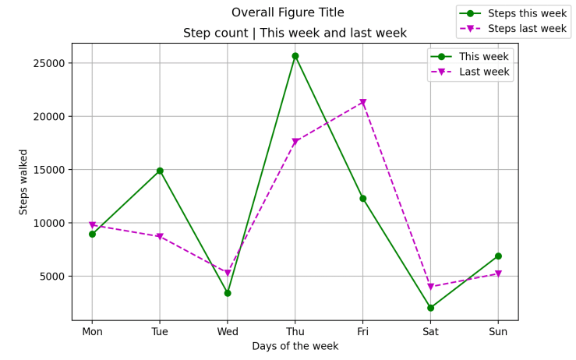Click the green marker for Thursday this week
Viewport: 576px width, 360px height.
pos(295,56)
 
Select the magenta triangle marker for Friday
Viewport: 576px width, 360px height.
pos(363,103)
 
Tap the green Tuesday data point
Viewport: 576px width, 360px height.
pos(160,171)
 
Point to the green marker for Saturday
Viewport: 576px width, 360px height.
pos(430,308)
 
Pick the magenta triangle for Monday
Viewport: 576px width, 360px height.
pos(92,225)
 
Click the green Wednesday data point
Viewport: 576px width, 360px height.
pos(228,293)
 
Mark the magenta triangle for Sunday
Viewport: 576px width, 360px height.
pos(498,274)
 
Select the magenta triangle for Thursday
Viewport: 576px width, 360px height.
pos(295,142)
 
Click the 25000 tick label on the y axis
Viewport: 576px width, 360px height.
pos(48,63)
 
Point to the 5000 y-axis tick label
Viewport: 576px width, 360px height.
pos(51,276)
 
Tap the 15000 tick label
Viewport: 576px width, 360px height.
pos(48,170)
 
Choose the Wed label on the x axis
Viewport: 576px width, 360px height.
pos(228,331)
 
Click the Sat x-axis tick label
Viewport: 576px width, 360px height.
pos(430,331)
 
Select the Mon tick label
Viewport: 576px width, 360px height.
pos(92,331)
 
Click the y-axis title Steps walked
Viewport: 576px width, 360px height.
pos(24,182)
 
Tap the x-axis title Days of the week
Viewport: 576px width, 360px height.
pos(295,346)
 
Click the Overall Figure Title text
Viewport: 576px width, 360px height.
pos(288,12)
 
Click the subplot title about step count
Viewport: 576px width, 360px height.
pos(295,34)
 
